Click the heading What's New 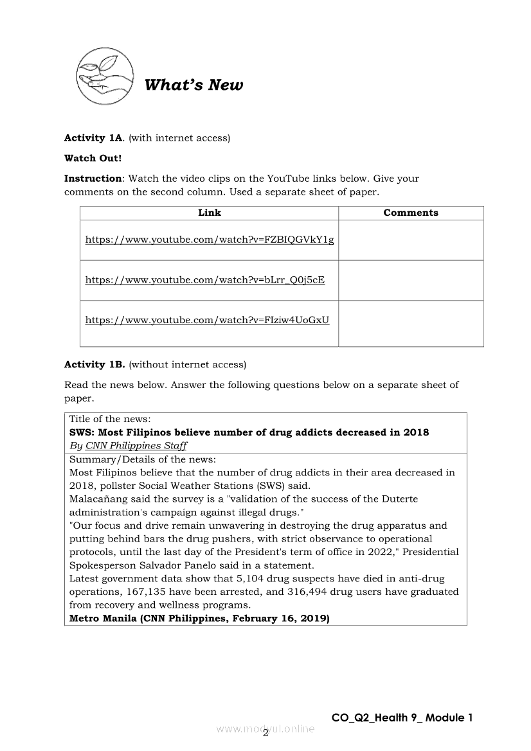(x=194, y=85)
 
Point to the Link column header (x=209, y=213)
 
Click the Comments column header (x=411, y=213)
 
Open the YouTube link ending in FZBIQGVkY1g (x=210, y=240)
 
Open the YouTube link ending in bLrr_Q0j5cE (x=205, y=280)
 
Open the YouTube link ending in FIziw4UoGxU (x=207, y=320)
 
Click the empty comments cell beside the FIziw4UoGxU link (x=411, y=323)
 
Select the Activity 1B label (x=94, y=365)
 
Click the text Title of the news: (x=110, y=419)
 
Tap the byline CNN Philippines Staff (x=136, y=446)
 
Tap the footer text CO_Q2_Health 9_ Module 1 (x=402, y=718)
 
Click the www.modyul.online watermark (x=265, y=729)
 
